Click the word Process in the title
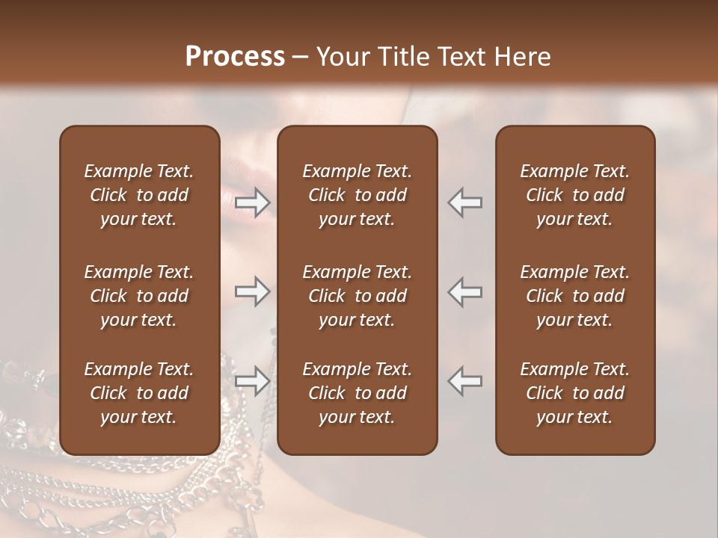[x=235, y=57]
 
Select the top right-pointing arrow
[x=252, y=202]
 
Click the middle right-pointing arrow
[x=252, y=291]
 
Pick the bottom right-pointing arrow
[x=252, y=380]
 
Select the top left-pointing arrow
[x=465, y=202]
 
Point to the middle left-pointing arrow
[x=465, y=291]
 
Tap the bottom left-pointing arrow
[x=465, y=380]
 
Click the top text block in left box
[x=139, y=195]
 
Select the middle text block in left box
[x=139, y=296]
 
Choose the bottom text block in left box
[x=139, y=393]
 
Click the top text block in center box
[x=357, y=195]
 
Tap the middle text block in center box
[x=357, y=296]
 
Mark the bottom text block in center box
[x=357, y=393]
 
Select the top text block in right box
[x=574, y=195]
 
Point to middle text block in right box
[x=574, y=296]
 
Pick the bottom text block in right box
[x=574, y=393]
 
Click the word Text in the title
[x=461, y=57]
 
